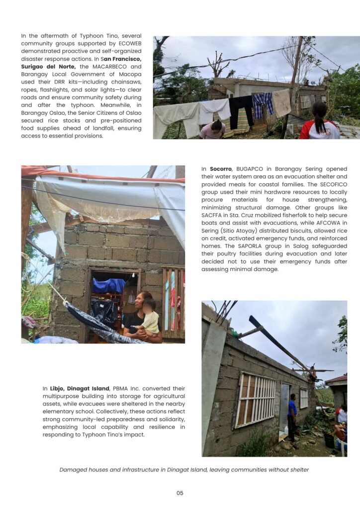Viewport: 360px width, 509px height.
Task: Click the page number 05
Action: tap(180, 493)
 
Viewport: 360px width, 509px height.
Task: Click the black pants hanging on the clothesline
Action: tap(241, 109)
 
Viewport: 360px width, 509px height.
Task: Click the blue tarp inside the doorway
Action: tap(109, 285)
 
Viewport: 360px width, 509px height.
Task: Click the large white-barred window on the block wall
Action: tap(256, 400)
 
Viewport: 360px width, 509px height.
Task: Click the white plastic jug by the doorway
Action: tap(285, 429)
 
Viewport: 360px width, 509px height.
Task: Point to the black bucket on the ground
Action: tap(329, 439)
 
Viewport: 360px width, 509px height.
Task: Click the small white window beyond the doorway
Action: tap(304, 398)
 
